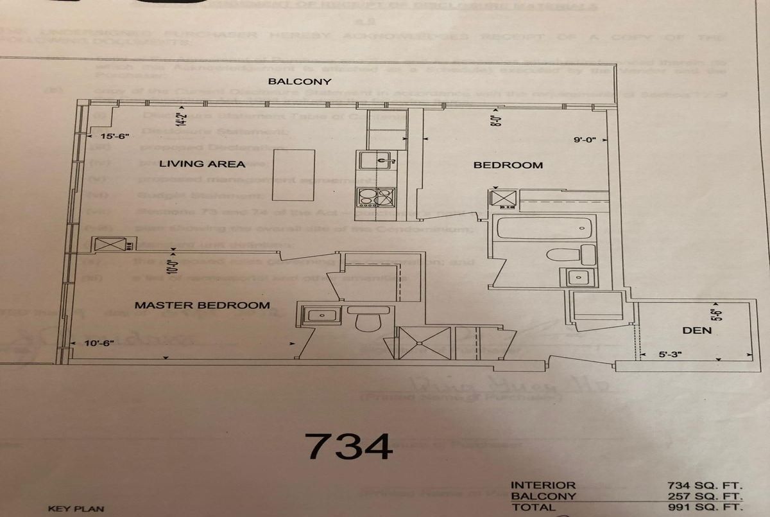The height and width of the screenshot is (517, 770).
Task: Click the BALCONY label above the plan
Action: pyautogui.click(x=300, y=82)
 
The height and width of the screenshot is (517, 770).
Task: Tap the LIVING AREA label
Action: pyautogui.click(x=202, y=164)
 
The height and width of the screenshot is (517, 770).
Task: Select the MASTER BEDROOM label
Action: pyautogui.click(x=202, y=305)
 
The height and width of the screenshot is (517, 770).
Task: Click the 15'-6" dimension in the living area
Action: pyautogui.click(x=116, y=137)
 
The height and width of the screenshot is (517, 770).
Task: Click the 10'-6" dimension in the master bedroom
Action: pyautogui.click(x=99, y=343)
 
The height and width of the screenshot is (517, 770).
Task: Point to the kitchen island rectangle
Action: pyautogui.click(x=294, y=175)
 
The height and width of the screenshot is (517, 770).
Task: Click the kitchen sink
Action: pyautogui.click(x=376, y=159)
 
